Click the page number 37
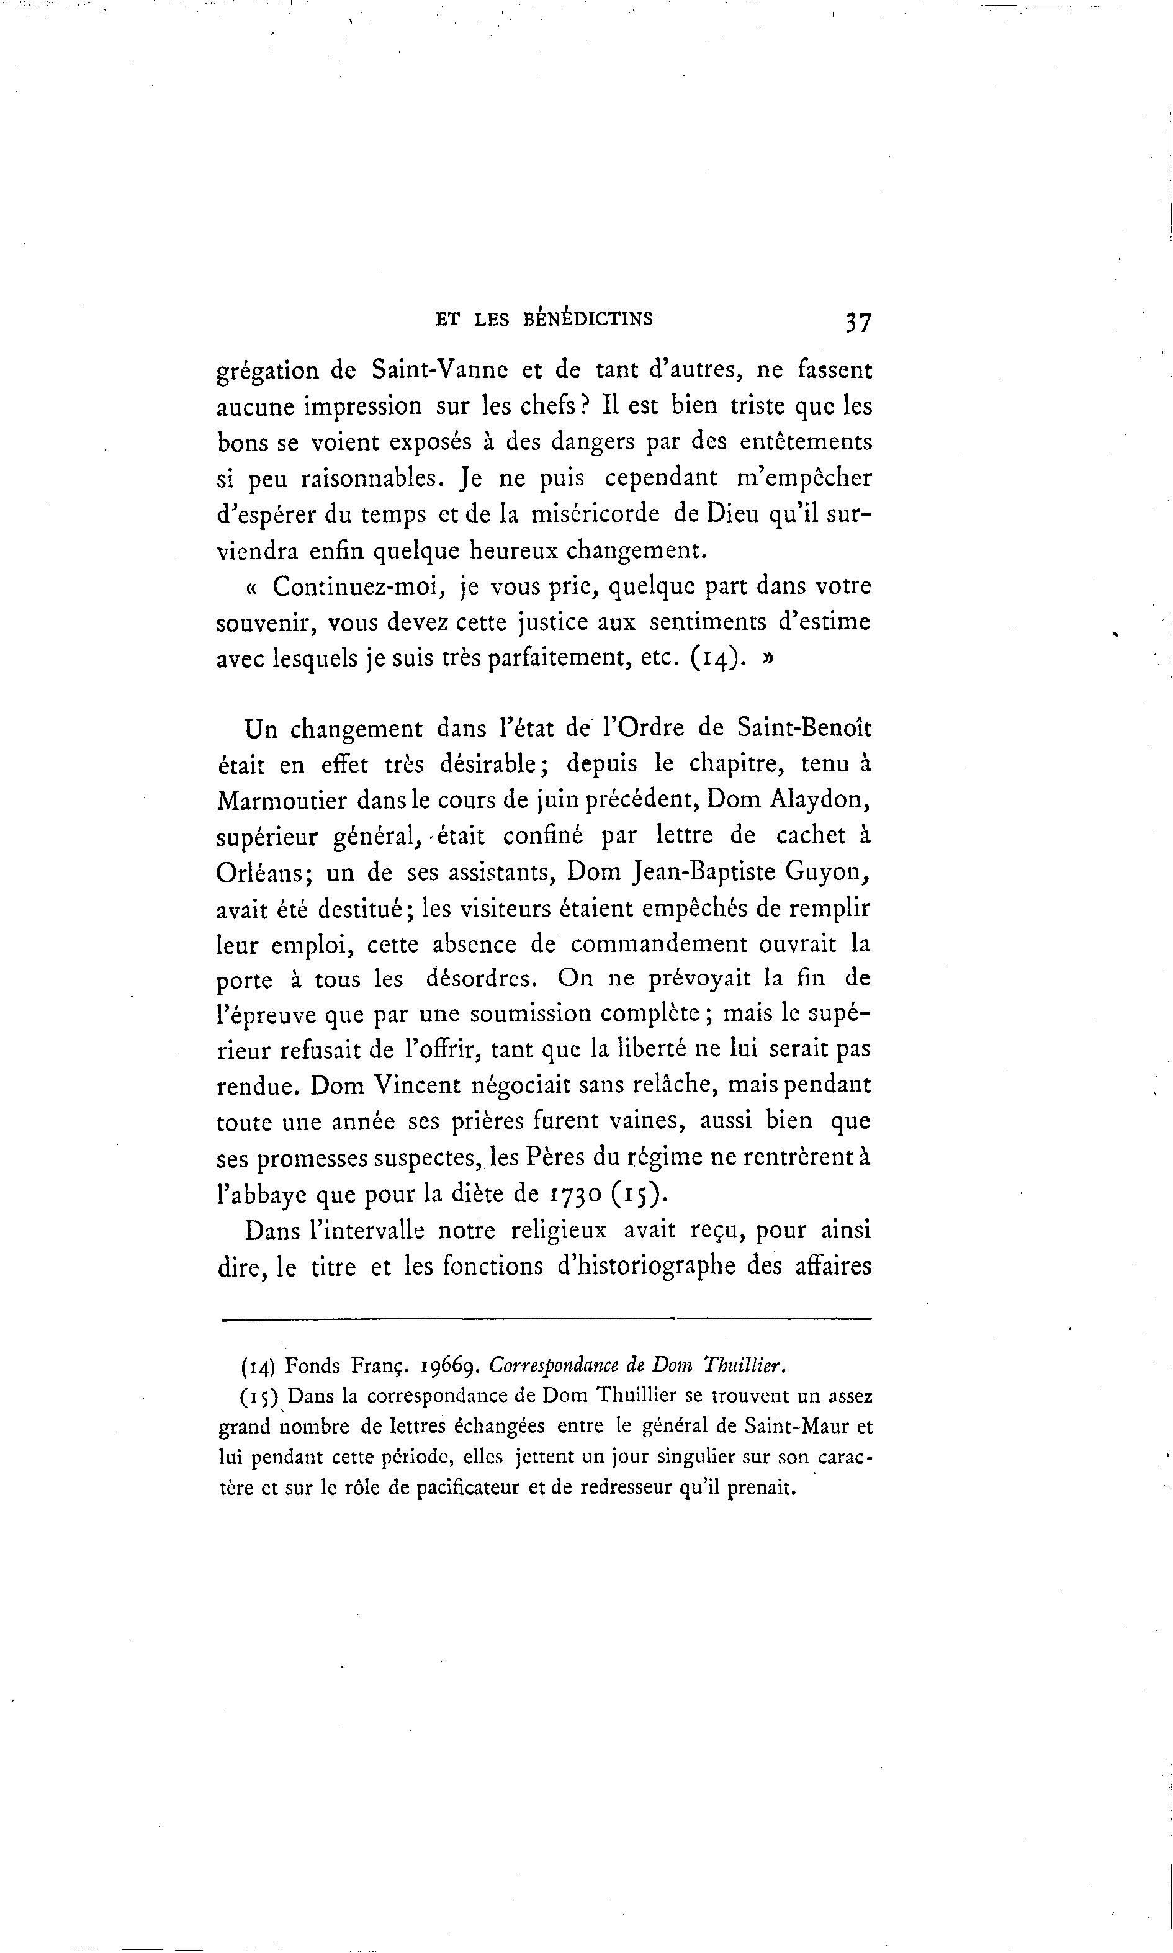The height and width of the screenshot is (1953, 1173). click(x=858, y=321)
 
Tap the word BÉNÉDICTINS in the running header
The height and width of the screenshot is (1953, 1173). click(x=588, y=320)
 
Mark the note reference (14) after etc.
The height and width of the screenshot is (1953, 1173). click(x=716, y=659)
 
